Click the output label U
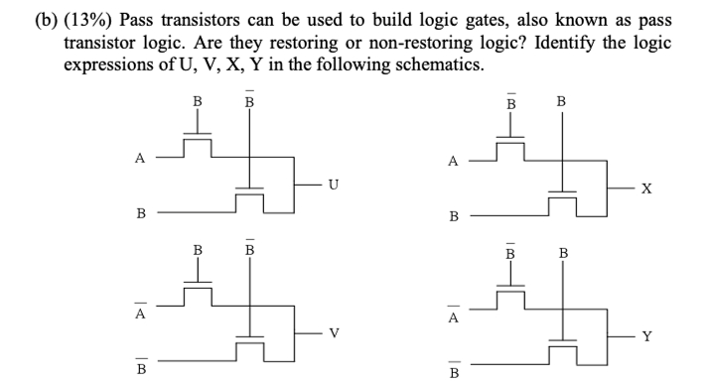pyautogui.click(x=334, y=184)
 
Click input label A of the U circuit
pyautogui.click(x=141, y=157)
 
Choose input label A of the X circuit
pyautogui.click(x=454, y=160)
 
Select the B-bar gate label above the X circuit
pyautogui.click(x=510, y=101)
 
